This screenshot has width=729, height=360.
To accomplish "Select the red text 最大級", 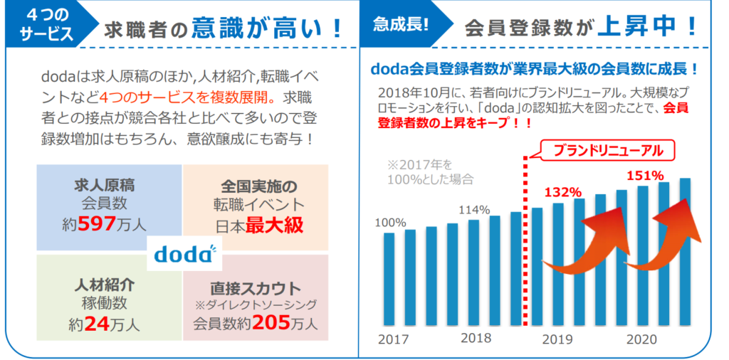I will coord(276,225).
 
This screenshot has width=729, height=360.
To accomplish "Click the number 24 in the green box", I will coord(98,325).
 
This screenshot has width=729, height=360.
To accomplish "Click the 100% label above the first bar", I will coord(390,223).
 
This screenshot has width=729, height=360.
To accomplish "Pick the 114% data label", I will coord(474,210).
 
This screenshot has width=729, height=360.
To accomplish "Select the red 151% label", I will coord(645,175).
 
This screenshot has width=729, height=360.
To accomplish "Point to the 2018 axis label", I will coord(476,338).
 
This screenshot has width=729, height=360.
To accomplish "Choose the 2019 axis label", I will coord(557,339).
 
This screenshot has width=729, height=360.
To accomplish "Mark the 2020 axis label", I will coord(641,339).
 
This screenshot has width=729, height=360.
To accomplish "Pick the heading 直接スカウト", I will coord(255,289).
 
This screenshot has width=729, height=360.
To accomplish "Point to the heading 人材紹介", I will coord(105,286).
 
